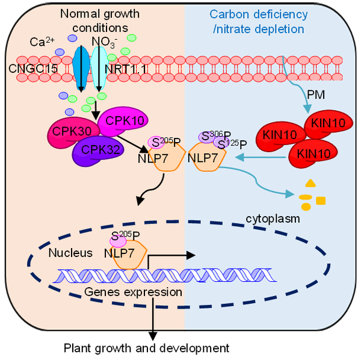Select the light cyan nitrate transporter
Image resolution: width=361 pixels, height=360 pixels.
point(97,66)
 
